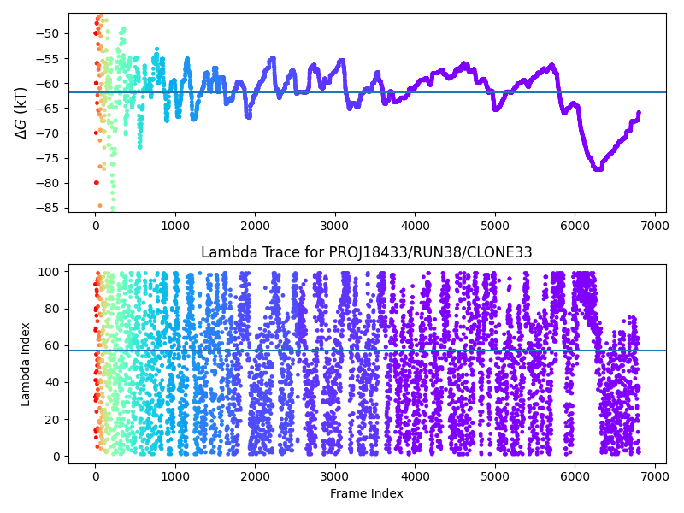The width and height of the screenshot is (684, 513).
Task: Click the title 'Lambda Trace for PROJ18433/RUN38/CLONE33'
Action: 367,252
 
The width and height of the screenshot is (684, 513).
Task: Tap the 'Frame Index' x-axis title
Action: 367,493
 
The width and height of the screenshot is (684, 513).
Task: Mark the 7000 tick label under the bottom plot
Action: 655,475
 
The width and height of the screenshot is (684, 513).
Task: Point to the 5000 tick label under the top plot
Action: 495,226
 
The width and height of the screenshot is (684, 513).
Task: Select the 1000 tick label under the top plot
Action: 175,226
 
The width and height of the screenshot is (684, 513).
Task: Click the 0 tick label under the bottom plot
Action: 96,475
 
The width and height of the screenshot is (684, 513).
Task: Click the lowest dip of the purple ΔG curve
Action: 598,168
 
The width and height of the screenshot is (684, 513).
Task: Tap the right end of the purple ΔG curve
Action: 638,113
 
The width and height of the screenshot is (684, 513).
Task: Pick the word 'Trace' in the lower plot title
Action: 269,252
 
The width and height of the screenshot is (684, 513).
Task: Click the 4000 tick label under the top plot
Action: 416,226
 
